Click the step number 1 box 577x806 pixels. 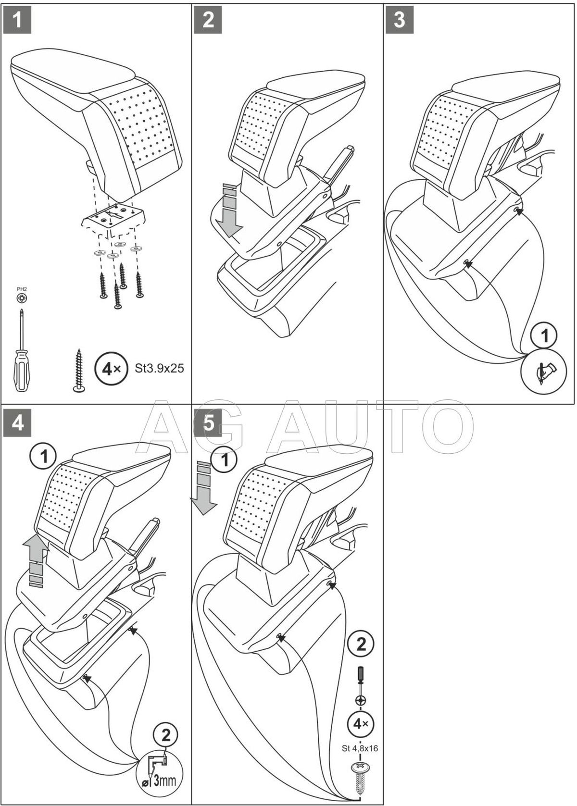coord(17,20)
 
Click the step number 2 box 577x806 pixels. coord(208,20)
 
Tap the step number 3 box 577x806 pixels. coord(399,20)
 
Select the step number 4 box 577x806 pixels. coord(17,423)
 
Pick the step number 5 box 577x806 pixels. coord(208,423)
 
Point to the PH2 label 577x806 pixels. coord(22,289)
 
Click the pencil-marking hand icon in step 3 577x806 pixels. coord(544,370)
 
